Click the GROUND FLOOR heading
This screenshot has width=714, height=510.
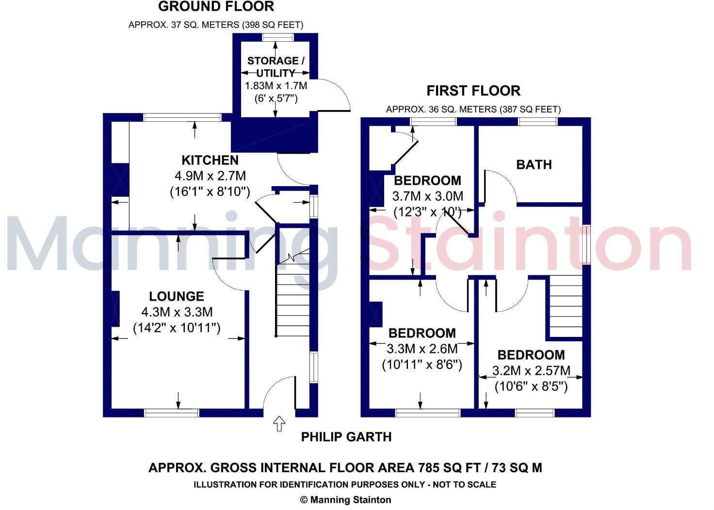(x=216, y=7)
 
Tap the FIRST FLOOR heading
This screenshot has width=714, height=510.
(x=473, y=91)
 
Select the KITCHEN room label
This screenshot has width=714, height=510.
(x=210, y=160)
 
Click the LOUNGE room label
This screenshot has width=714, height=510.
(x=177, y=296)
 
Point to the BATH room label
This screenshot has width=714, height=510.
(x=534, y=165)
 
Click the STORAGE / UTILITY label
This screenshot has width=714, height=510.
(x=276, y=67)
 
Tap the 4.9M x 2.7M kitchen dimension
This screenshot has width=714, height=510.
(x=210, y=175)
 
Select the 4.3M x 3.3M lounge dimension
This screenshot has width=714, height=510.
(x=177, y=312)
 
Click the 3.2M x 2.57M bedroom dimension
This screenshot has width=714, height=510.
(x=531, y=371)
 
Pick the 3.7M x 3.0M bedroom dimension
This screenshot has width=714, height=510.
(x=427, y=196)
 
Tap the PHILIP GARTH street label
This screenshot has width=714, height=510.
(x=346, y=437)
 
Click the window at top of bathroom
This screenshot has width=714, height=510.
(x=537, y=122)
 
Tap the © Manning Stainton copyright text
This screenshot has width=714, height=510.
(x=345, y=499)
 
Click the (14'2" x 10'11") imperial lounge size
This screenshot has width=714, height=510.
(x=177, y=328)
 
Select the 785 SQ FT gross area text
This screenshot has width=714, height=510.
(x=452, y=468)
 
